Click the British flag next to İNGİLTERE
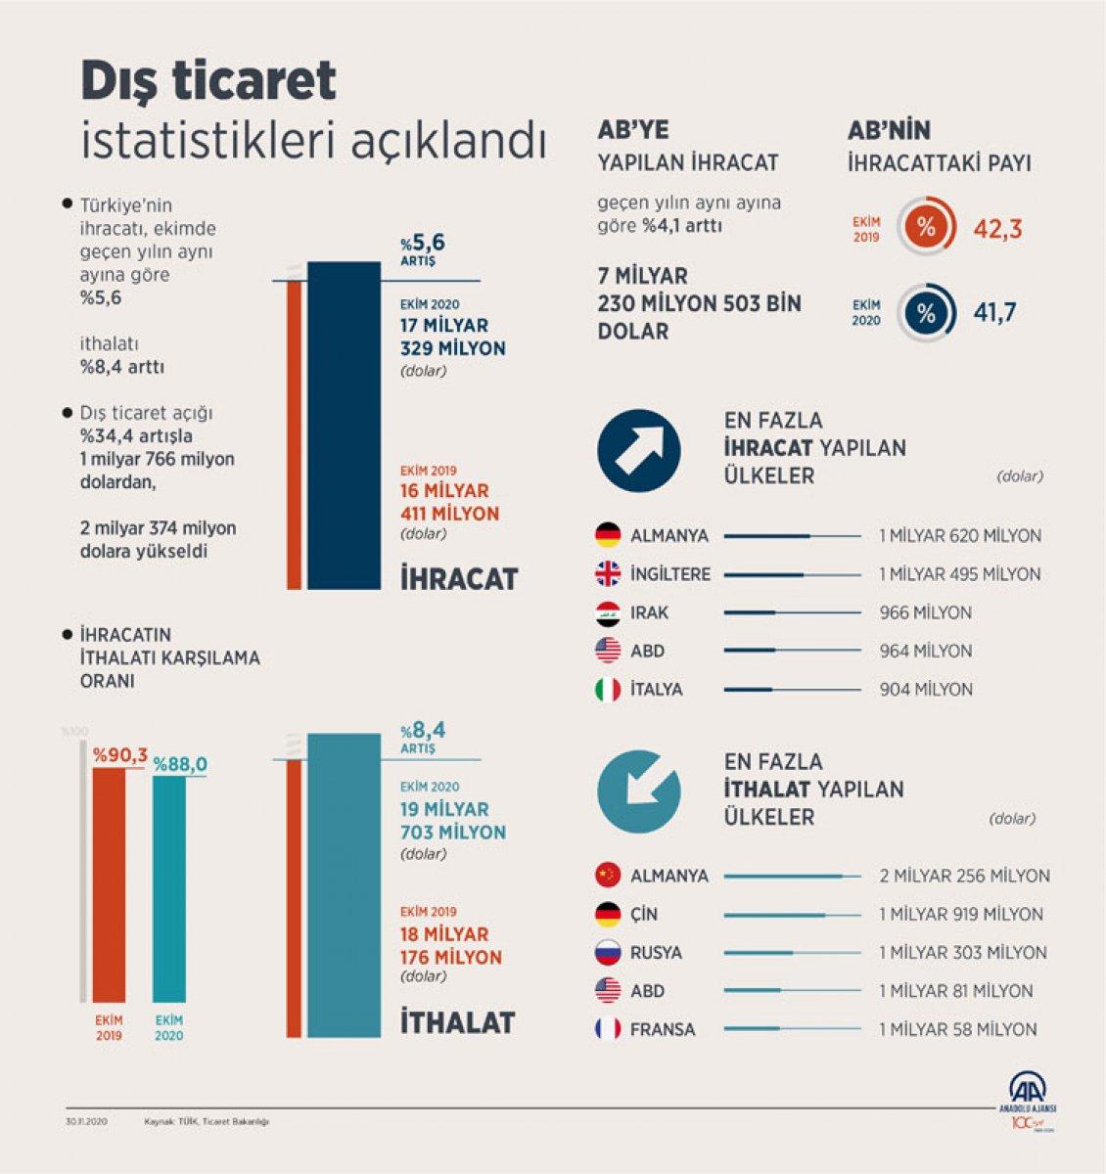pos(608,574)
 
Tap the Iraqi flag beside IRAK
pos(608,612)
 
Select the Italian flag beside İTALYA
pos(608,690)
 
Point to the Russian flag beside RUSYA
pos(608,953)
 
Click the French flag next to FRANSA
pos(608,1029)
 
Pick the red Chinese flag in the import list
pos(608,876)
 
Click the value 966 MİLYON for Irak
pos(925,613)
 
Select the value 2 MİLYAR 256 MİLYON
pos(964,876)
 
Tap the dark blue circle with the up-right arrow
pos(639,451)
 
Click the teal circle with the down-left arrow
pos(639,791)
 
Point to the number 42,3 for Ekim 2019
pos(997,230)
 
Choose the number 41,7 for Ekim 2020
pos(994,313)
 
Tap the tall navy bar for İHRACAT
pos(344,426)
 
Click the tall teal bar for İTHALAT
pos(344,885)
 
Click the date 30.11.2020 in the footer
pos(86,1122)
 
